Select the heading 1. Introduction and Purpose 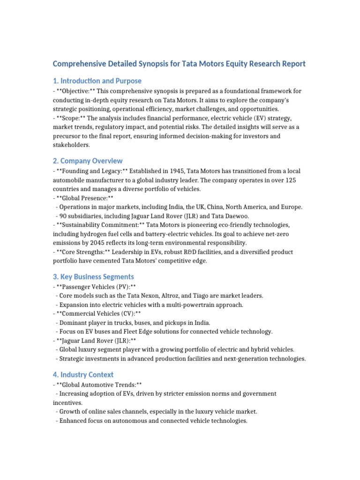tap(97, 81)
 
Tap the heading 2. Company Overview tap(88, 161)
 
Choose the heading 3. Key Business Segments tap(93, 277)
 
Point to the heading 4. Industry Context tap(83, 375)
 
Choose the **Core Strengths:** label tap(82, 252)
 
